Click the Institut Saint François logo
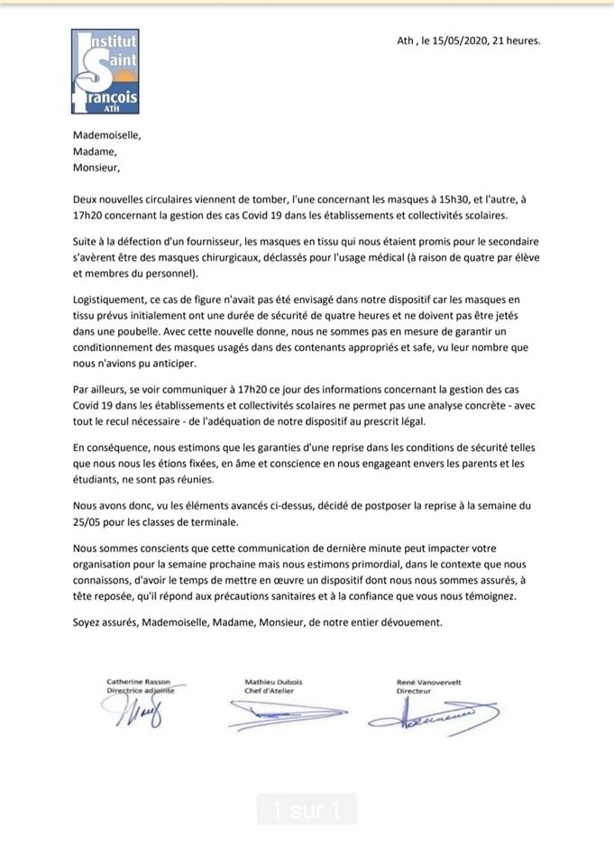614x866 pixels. click(105, 70)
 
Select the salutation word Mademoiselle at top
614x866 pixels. click(107, 135)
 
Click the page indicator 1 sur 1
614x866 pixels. click(307, 809)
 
